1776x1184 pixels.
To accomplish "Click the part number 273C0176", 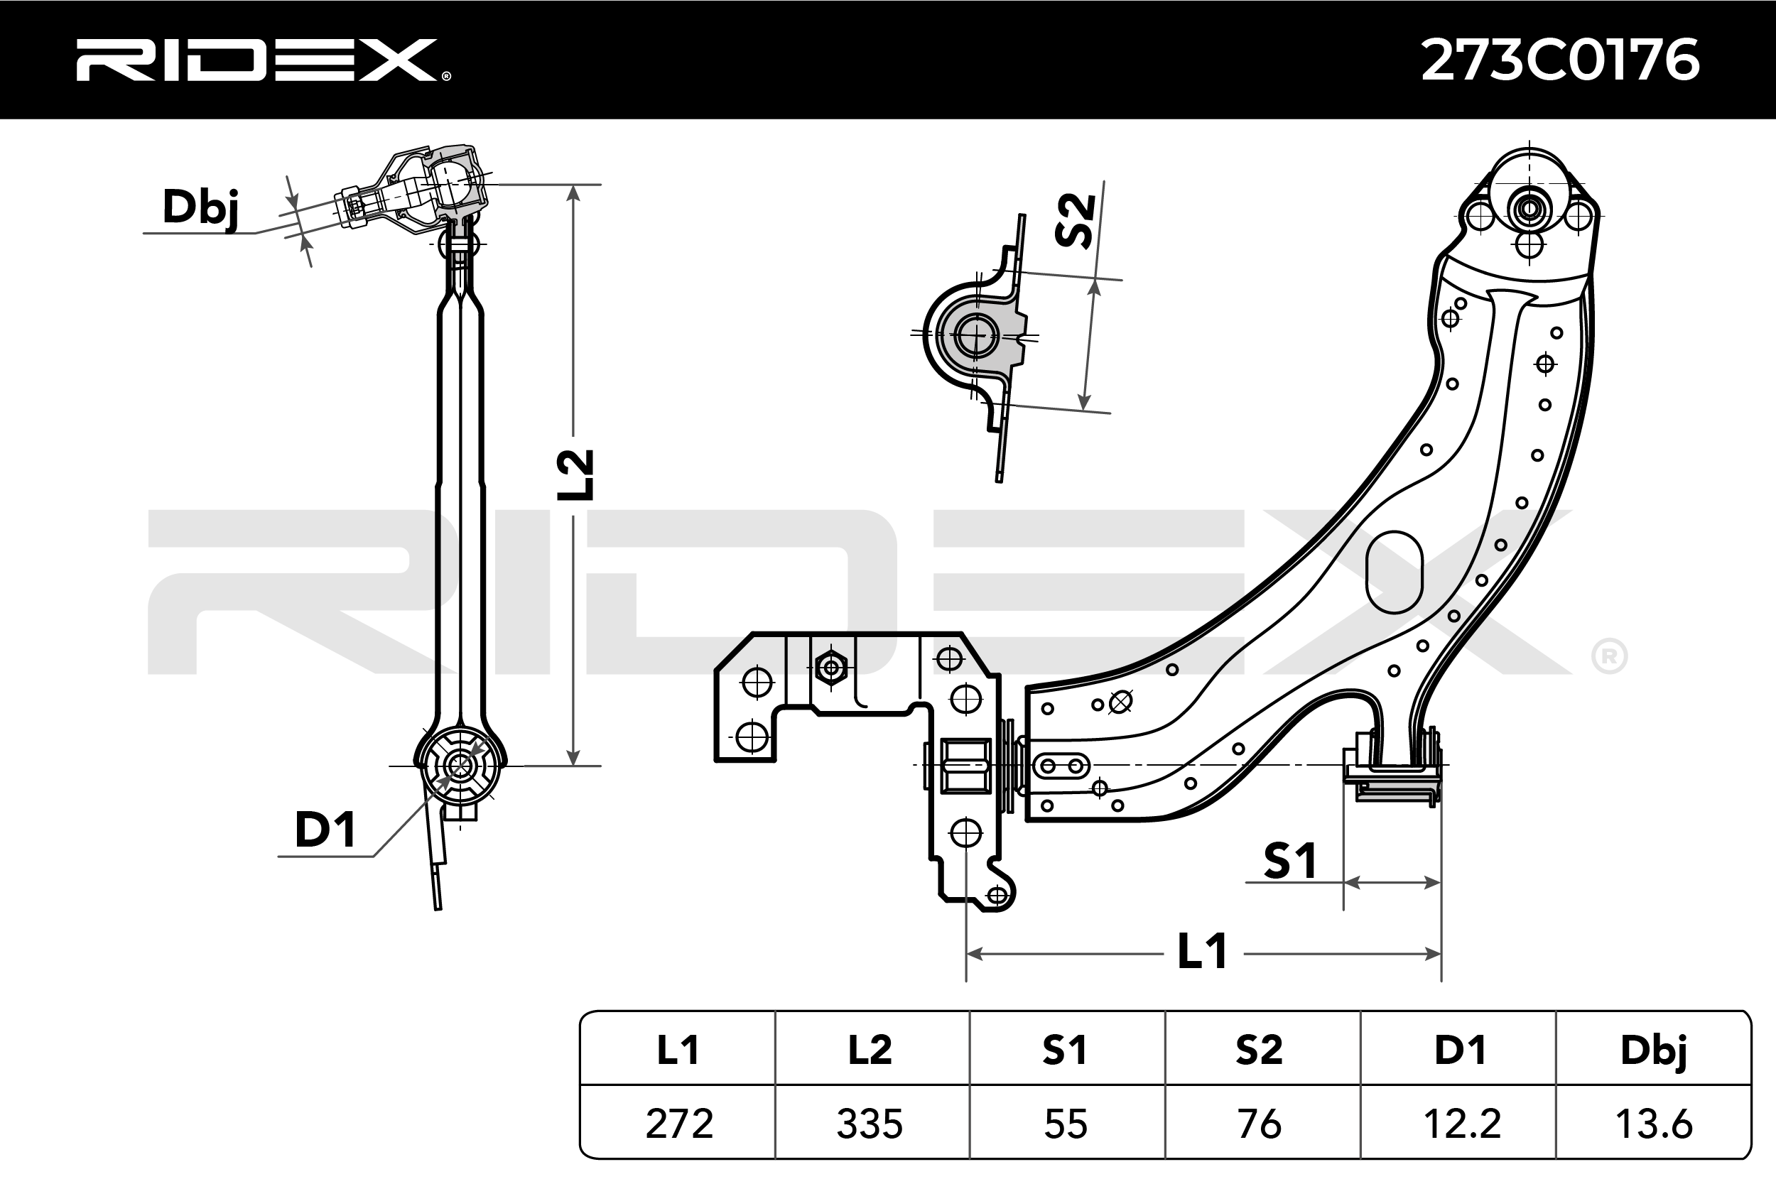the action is coord(1560,60).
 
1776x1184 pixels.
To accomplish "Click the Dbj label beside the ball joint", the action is coord(201,207).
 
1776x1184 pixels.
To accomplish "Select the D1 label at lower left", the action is coord(325,830).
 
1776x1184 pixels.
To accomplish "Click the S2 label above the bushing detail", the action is coord(1076,220).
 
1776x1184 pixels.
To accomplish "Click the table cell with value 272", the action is coord(679,1124).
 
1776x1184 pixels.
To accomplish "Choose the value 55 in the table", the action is coord(1066,1124).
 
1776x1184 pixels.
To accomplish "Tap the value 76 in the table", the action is coord(1259,1124).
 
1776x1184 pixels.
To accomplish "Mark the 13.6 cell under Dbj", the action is coord(1654,1124).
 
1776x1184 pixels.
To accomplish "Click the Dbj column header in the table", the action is coord(1654,1050).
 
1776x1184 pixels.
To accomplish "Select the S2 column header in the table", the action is coord(1259,1050).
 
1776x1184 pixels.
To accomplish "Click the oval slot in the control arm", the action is coord(1395,572).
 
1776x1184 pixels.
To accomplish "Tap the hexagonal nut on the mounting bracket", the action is coord(831,668).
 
